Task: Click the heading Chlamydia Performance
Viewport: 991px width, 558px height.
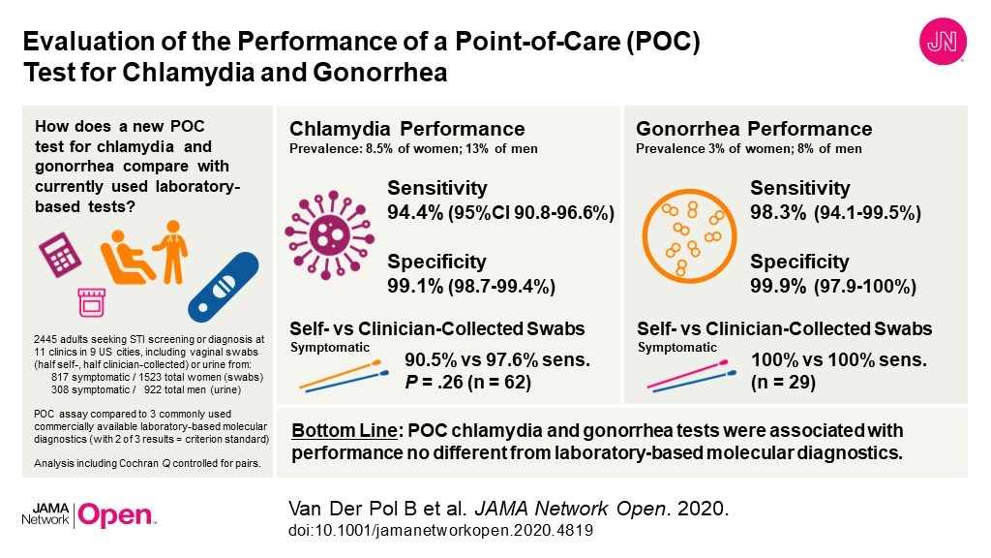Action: tap(407, 129)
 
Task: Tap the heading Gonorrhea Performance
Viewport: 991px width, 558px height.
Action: tap(754, 129)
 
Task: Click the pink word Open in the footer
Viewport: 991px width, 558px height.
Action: tap(114, 515)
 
